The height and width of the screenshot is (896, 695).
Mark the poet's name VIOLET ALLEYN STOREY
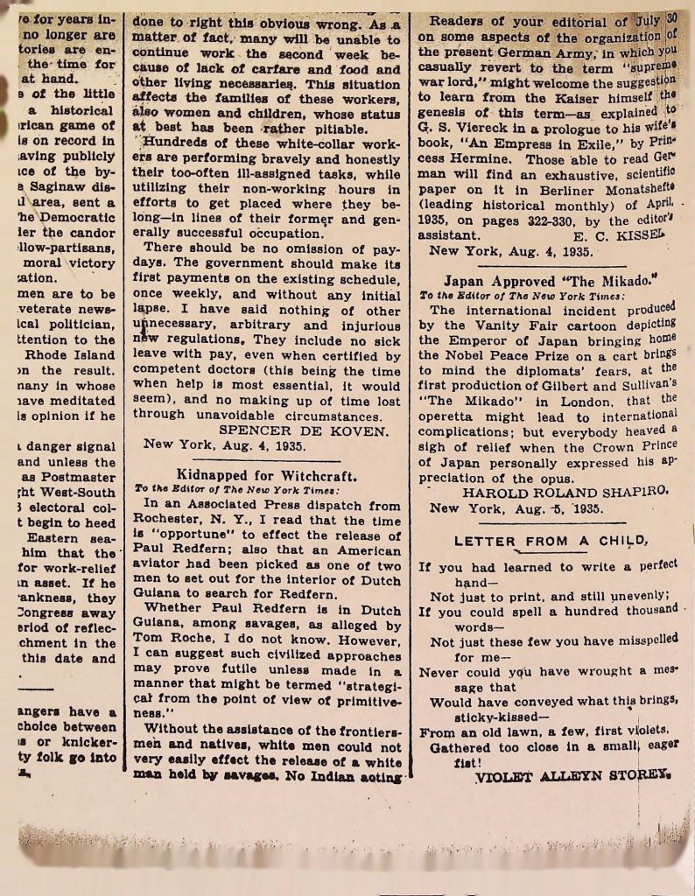(572, 776)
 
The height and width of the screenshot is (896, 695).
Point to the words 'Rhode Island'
(71, 355)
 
